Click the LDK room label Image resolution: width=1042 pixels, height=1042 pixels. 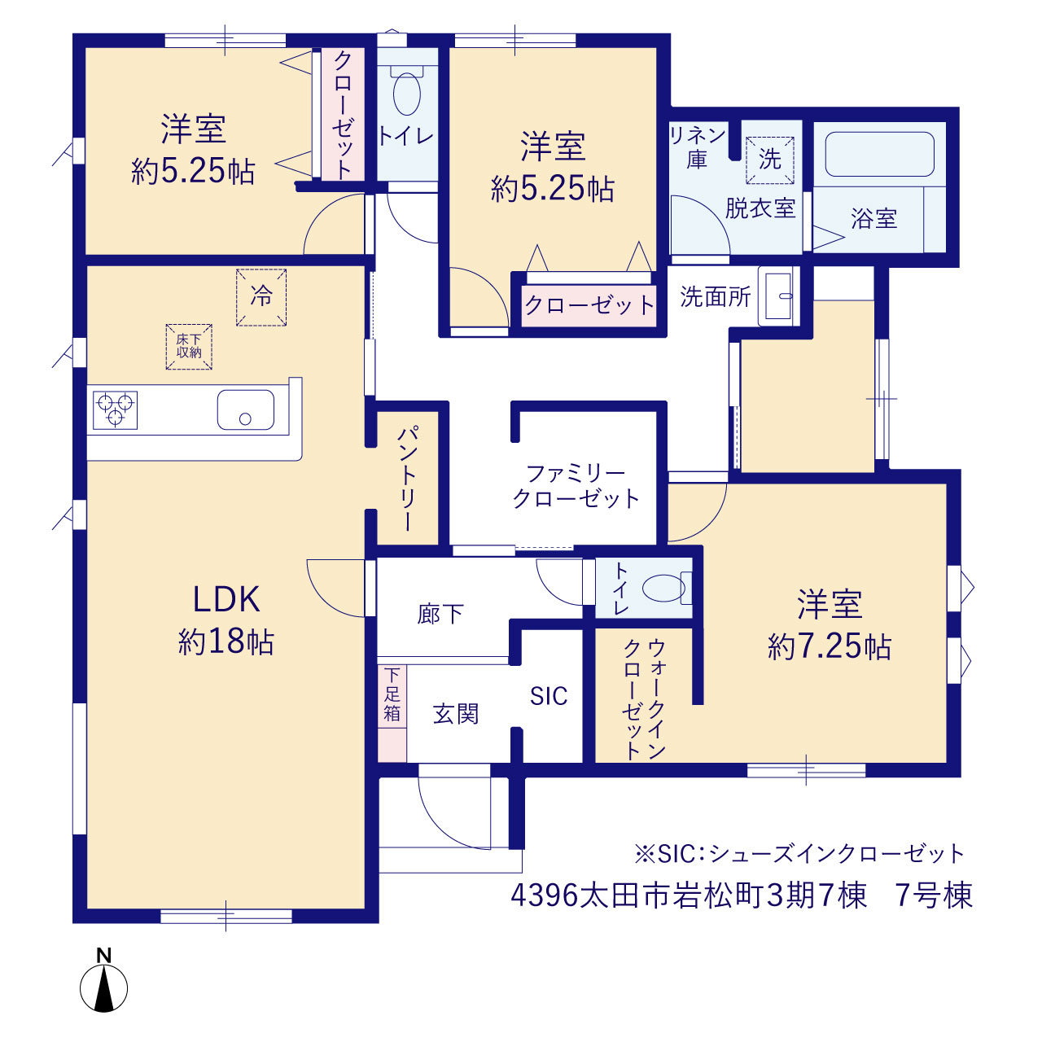point(226,599)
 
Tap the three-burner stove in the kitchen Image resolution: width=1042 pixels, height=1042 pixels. point(115,409)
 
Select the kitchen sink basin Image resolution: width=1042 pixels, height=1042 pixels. point(246,409)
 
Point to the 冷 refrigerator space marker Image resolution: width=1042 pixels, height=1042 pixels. point(261,297)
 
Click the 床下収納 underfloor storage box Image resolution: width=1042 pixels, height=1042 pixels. point(189,347)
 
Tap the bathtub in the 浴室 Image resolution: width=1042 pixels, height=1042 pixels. point(880,154)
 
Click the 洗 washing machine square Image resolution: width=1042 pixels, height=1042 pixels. point(770,160)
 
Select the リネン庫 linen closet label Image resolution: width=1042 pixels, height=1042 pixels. point(697,147)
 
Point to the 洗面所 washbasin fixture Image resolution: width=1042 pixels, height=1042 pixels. point(778,296)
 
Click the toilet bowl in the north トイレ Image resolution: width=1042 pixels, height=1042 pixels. point(407,93)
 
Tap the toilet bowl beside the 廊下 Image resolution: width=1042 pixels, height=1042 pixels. point(663,588)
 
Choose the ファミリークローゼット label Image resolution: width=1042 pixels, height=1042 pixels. point(576,487)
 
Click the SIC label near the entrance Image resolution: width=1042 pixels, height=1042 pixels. point(549,697)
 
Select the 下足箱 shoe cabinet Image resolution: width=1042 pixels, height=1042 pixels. point(392,713)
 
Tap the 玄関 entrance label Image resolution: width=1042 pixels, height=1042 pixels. point(456,714)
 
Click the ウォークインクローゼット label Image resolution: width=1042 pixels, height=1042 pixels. point(644,700)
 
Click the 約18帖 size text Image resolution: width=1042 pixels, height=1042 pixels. point(226,642)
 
